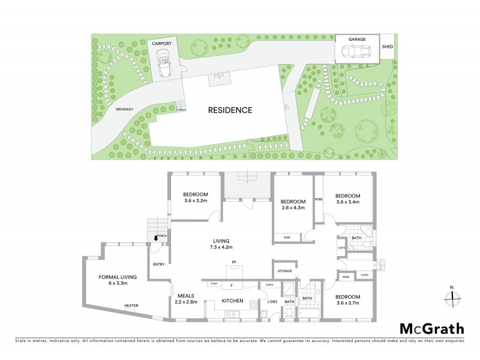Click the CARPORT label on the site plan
(163, 44)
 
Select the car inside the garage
(357, 52)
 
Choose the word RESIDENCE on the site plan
(230, 110)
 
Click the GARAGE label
(358, 39)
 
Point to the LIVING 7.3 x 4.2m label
(221, 244)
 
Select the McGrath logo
(431, 328)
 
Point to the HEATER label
(131, 305)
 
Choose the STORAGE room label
(284, 271)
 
